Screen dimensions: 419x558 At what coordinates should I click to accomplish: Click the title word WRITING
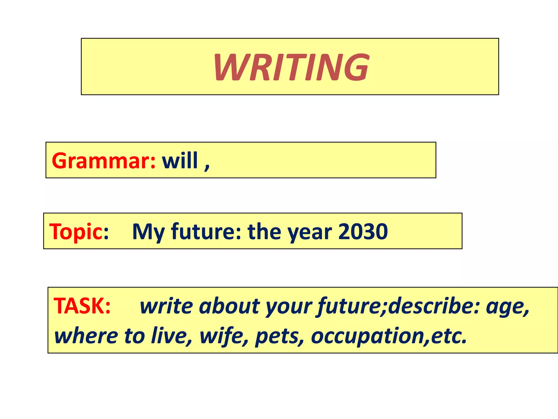tap(292, 67)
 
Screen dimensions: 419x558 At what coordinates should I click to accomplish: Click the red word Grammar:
tap(104, 161)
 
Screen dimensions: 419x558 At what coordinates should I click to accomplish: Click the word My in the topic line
tap(148, 232)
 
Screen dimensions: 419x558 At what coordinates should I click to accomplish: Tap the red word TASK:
tap(82, 306)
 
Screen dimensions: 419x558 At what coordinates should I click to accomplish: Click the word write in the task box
tap(166, 306)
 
